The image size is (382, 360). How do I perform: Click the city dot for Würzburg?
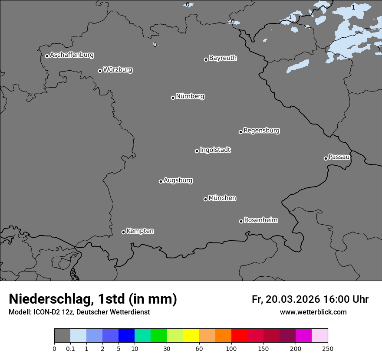click(100, 71)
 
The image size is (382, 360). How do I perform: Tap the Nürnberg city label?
click(190, 96)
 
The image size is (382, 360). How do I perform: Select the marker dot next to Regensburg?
click(240, 132)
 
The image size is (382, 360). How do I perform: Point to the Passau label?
click(339, 157)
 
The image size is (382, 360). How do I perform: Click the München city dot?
click(205, 199)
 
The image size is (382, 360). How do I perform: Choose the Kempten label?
click(140, 231)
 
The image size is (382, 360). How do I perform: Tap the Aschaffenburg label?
click(72, 55)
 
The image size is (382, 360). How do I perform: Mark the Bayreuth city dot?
click(206, 59)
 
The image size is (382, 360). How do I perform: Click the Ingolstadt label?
click(215, 150)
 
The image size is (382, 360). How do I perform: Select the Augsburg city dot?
click(161, 181)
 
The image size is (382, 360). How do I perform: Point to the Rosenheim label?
click(260, 220)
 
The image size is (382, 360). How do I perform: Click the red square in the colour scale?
click(239, 336)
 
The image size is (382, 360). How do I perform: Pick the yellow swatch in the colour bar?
click(191, 336)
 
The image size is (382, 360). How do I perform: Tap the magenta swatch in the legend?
click(303, 336)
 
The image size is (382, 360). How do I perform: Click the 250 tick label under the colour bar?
click(328, 348)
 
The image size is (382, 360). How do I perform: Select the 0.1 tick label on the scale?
click(70, 348)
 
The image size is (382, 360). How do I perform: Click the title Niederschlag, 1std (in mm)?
click(93, 299)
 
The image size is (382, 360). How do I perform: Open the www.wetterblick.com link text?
click(313, 312)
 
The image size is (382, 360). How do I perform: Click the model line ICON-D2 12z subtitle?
click(79, 312)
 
